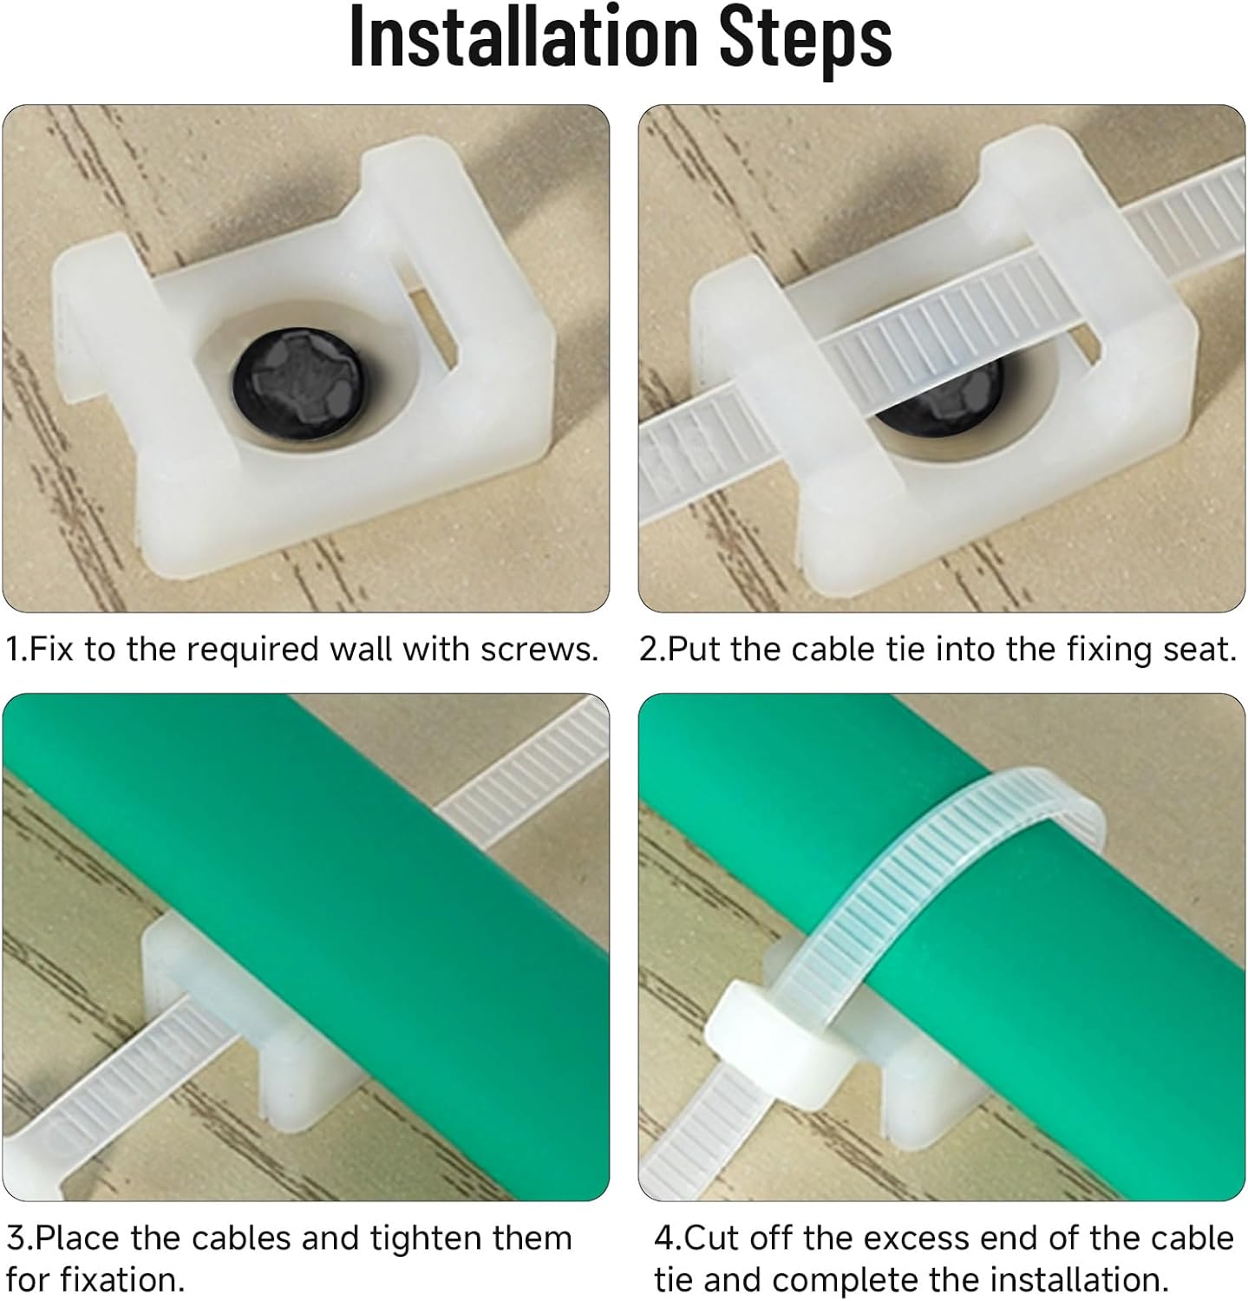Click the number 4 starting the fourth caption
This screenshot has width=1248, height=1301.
coord(664,1239)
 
